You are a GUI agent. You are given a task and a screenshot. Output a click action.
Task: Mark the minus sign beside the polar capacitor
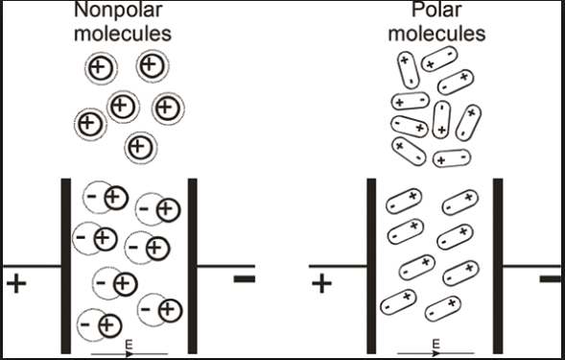point(551,279)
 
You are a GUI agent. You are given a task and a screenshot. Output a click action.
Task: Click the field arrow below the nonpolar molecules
point(129,352)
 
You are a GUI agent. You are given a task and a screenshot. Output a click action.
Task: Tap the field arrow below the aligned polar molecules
point(435,352)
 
